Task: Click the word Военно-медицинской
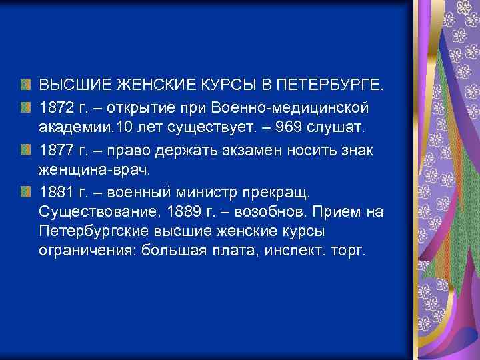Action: coord(297,107)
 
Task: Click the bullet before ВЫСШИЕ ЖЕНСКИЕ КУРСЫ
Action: coord(25,85)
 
